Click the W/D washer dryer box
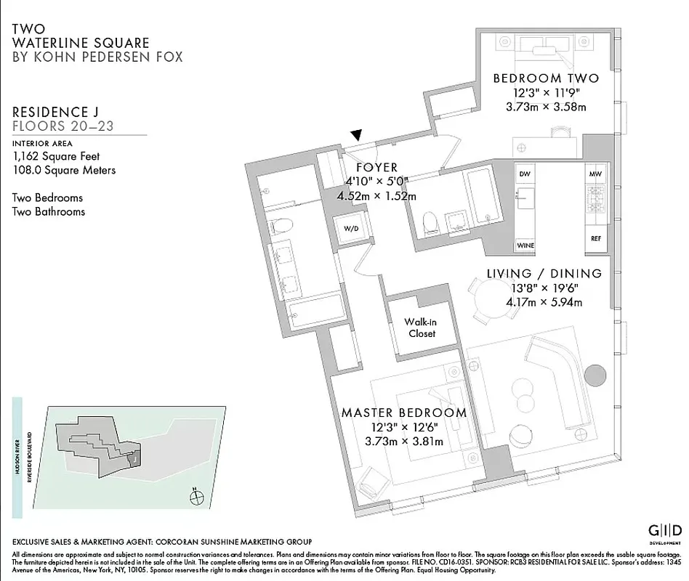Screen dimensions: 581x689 click(351, 228)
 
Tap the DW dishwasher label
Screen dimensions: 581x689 click(525, 174)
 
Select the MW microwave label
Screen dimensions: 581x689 click(596, 174)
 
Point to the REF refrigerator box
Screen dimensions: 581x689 click(596, 237)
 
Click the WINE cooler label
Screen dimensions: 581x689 click(525, 245)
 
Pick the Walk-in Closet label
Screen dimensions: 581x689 click(422, 328)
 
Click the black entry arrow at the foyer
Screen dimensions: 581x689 click(355, 135)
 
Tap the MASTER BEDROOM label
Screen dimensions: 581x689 click(403, 413)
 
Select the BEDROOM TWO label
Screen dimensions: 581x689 click(545, 78)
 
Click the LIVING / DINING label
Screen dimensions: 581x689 click(544, 274)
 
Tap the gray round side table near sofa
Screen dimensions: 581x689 click(595, 375)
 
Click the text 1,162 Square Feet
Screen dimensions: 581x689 click(56, 156)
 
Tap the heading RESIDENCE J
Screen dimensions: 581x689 click(55, 112)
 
